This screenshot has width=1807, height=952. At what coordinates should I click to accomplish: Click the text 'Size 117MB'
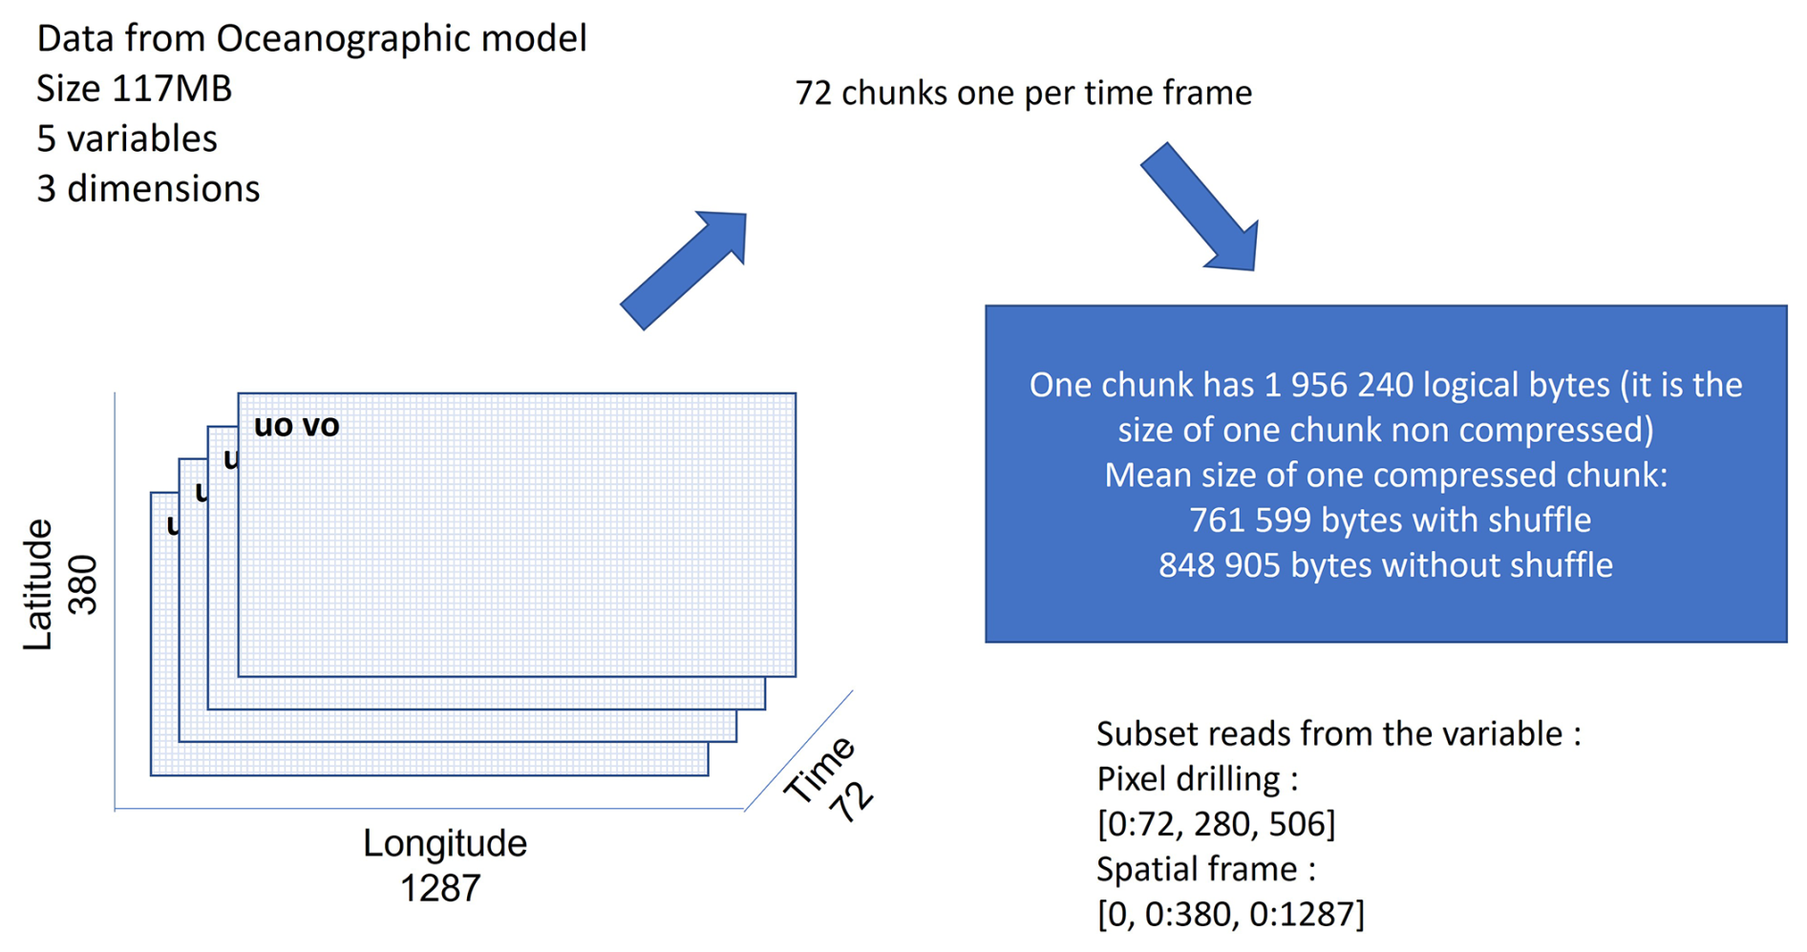(x=134, y=89)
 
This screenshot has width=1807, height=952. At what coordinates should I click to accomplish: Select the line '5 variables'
(x=127, y=139)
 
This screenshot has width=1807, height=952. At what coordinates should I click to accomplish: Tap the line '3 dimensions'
(x=148, y=189)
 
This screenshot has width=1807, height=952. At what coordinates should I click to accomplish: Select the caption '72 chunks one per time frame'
(x=1023, y=93)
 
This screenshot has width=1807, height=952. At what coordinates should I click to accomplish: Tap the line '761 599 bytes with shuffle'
(x=1390, y=520)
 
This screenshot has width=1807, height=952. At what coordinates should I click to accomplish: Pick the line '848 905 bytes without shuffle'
(x=1386, y=565)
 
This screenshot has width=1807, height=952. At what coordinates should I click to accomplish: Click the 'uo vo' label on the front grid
(x=296, y=426)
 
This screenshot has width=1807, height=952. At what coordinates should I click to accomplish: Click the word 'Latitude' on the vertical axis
(x=38, y=584)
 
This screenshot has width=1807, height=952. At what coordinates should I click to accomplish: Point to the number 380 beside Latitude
(x=84, y=584)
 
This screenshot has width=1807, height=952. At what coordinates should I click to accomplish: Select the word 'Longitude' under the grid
(x=444, y=843)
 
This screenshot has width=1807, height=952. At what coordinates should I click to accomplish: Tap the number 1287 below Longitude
(x=439, y=889)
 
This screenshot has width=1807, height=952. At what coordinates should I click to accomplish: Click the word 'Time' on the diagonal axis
(x=818, y=769)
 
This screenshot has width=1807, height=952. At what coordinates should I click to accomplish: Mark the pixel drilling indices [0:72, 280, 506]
(x=1216, y=823)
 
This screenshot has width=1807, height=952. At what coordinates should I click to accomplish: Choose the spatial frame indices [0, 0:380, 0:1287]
(x=1230, y=914)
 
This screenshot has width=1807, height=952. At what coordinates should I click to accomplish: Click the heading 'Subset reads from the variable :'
(x=1338, y=733)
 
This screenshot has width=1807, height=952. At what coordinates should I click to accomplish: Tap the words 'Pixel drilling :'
(x=1197, y=779)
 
